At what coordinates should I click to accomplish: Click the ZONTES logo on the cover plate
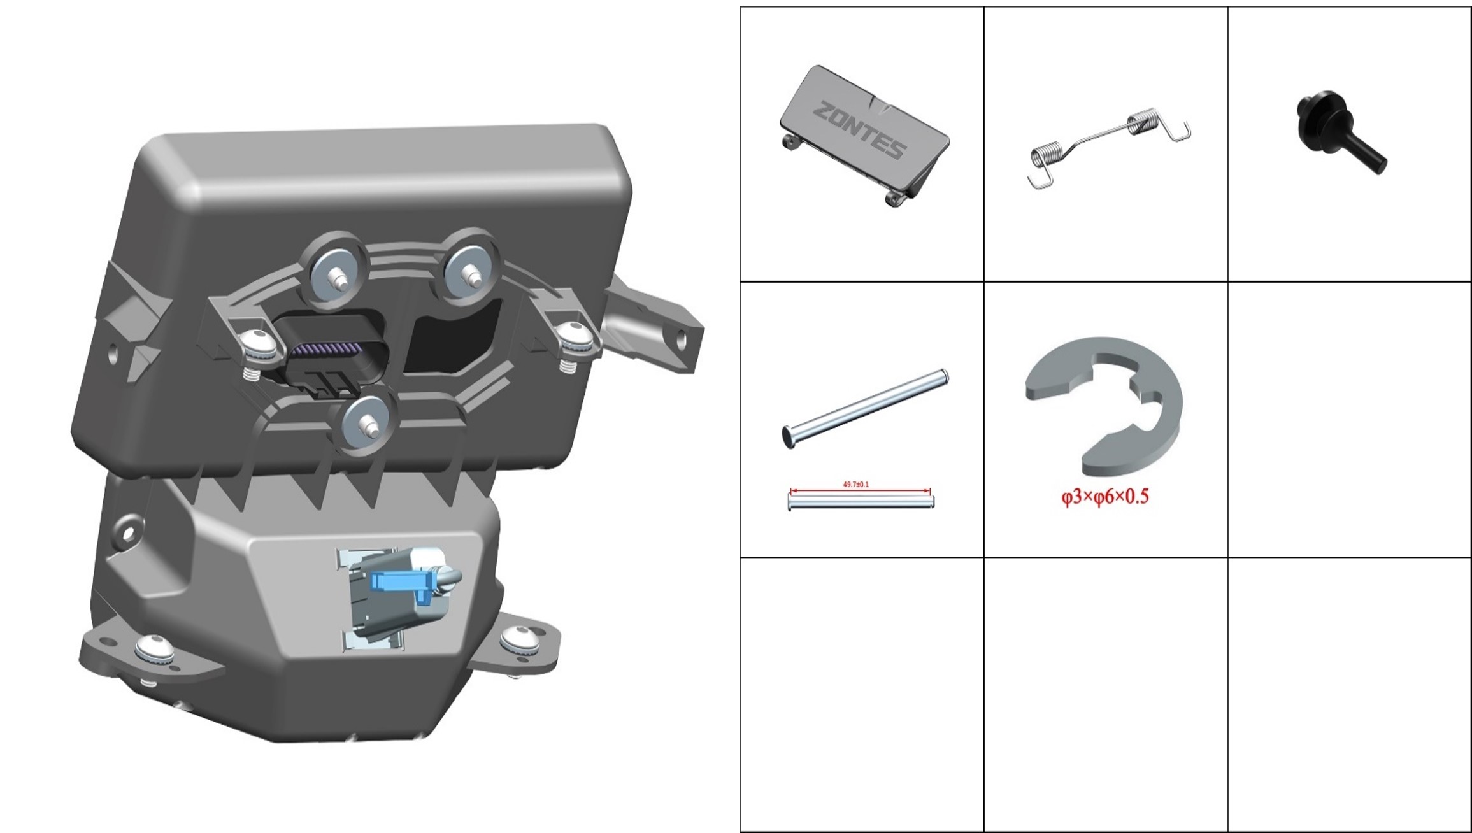(859, 130)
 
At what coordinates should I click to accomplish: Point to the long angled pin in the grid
(865, 409)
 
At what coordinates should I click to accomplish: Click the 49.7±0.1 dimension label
(855, 485)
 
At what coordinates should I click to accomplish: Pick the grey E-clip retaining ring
(1104, 406)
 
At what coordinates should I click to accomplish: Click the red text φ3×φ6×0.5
(1104, 497)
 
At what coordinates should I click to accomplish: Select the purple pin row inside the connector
(325, 351)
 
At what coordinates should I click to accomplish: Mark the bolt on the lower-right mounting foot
(520, 641)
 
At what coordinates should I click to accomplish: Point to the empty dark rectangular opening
(450, 342)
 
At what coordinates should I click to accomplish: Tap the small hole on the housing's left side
(113, 353)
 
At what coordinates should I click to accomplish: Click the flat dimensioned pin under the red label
(861, 502)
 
